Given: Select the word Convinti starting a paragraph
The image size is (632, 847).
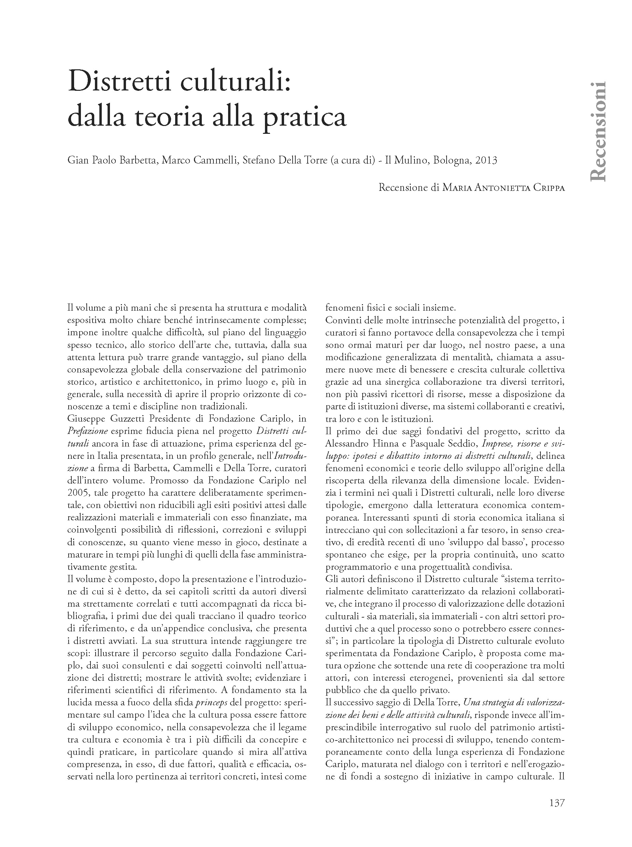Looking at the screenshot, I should pyautogui.click(x=342, y=321).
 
